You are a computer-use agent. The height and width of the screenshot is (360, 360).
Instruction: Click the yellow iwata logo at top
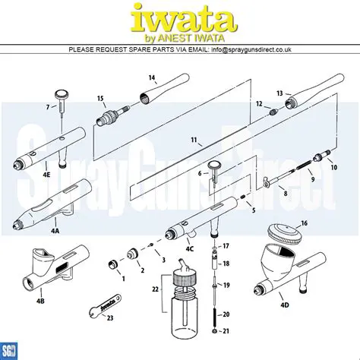pos(179,19)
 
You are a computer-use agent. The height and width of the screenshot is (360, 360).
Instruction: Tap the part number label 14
pos(152,78)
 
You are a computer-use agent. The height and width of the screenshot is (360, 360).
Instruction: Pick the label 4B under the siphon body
pos(40,301)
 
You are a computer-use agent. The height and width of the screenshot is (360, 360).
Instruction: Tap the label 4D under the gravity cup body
pos(285,305)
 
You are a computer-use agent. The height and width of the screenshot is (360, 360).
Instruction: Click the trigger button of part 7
pos(62,94)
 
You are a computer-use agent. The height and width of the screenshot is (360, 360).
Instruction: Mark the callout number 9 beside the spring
pos(311,179)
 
